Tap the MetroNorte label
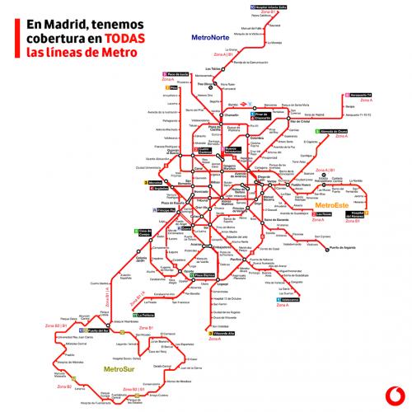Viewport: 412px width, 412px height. point(209,37)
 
